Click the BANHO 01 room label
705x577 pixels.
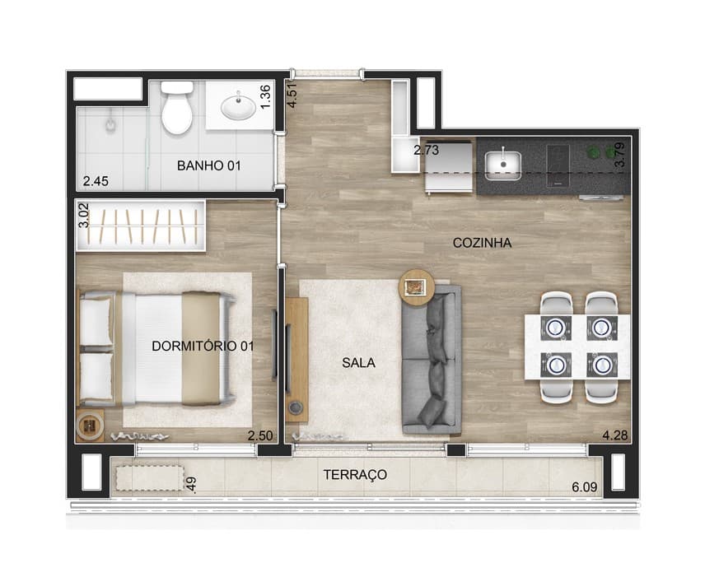tap(209, 165)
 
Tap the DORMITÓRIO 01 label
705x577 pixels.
tap(203, 346)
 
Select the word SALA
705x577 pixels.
tap(358, 363)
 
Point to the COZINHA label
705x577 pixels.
tap(482, 243)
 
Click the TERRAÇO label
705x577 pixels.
tap(355, 475)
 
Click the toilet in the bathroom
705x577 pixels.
tap(177, 107)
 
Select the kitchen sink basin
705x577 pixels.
tap(503, 165)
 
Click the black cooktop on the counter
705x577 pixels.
tap(558, 165)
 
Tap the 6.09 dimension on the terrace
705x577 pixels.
tap(585, 487)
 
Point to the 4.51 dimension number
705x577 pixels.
tap(292, 95)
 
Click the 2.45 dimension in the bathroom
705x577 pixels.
tap(96, 181)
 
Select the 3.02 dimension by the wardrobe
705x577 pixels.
tap(84, 216)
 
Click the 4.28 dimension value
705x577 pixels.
tap(615, 435)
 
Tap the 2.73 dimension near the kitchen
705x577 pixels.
tap(427, 150)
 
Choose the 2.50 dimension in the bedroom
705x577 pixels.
tap(260, 435)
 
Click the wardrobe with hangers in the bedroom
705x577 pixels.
tap(141, 226)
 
